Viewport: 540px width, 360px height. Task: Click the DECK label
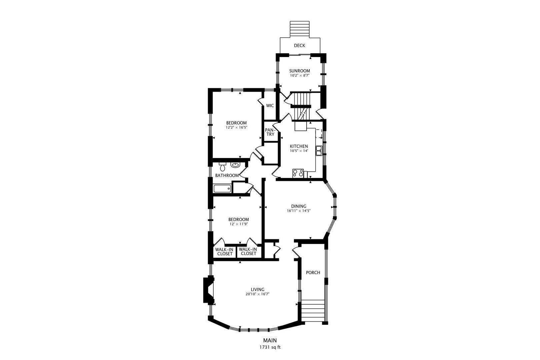coord(299,46)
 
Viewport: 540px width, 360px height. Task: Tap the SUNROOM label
coord(299,71)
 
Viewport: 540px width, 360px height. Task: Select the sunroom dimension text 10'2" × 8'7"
coord(299,75)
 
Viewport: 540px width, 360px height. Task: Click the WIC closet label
coord(270,106)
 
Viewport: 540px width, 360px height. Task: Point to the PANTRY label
coord(270,132)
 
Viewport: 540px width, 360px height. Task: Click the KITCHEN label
coord(299,146)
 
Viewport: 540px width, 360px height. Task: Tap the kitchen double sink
coord(319,151)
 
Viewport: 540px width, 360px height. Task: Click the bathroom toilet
coord(222,167)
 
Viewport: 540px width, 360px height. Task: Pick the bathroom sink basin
coord(235,165)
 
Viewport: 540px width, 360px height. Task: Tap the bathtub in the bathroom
coord(222,189)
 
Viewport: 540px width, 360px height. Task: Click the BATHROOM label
coord(227,176)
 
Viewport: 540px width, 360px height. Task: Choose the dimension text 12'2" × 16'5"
coord(236,128)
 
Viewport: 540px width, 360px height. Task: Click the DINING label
coord(299,206)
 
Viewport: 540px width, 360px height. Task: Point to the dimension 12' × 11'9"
coord(238,224)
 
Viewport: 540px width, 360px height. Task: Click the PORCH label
coord(313,272)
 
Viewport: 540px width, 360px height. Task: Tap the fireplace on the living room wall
coord(209,290)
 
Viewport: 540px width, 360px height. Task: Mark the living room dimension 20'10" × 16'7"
coord(257,294)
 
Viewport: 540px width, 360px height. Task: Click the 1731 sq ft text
coord(270,347)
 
